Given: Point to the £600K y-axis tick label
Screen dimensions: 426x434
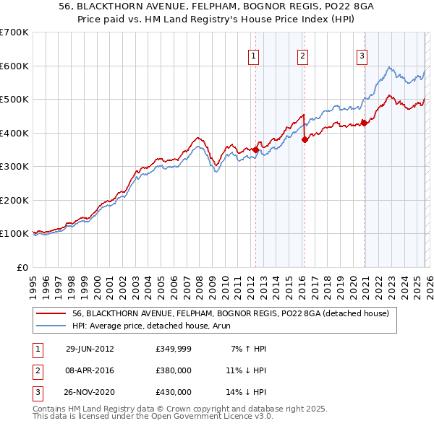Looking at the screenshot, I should coord(14,66).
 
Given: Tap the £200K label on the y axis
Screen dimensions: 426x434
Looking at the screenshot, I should coord(14,200).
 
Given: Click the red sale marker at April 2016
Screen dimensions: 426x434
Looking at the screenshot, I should coord(305,140).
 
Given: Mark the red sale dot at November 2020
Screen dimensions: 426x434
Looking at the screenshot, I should coord(364,123).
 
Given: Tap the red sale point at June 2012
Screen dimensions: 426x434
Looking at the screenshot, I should coord(255,149).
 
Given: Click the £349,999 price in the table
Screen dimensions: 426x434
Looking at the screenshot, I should coord(174,349).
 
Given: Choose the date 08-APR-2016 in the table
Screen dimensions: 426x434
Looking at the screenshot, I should coord(90,370).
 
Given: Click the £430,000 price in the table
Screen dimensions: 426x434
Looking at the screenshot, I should coord(174,392).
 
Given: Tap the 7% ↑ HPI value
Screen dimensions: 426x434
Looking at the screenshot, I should coord(247,349).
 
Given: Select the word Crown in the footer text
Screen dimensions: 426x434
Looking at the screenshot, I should coord(170,409).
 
